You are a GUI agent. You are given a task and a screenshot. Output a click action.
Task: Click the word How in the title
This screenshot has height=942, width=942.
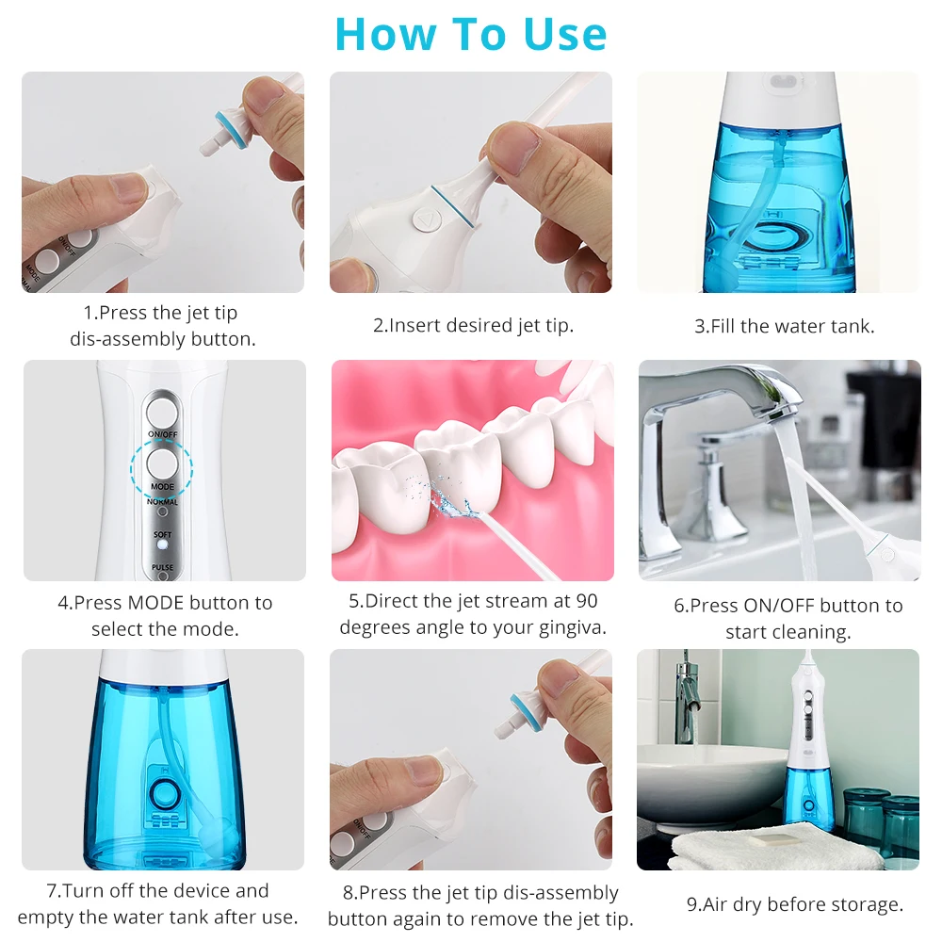tap(385, 34)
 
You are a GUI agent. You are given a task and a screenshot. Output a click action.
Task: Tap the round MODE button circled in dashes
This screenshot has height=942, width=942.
tap(162, 463)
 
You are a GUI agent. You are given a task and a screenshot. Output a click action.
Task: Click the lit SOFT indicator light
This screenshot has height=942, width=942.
tap(162, 544)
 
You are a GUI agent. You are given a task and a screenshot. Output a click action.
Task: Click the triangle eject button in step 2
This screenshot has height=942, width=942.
tap(427, 220)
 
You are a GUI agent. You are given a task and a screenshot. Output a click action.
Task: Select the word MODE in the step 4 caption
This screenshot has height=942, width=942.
tap(156, 603)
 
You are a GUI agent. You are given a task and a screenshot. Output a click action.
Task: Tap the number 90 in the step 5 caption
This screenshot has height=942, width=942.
tap(586, 601)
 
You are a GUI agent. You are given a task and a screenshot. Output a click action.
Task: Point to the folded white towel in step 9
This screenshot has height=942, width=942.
tap(776, 847)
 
